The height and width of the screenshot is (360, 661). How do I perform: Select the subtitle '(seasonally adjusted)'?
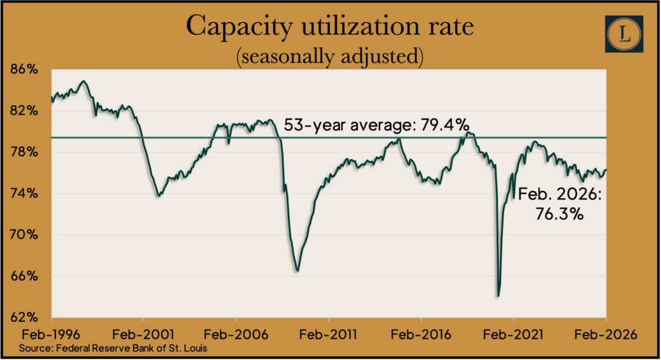point(330,57)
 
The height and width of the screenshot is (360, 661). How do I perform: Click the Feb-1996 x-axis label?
point(50,335)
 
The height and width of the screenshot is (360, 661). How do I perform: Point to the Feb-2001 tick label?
point(143,335)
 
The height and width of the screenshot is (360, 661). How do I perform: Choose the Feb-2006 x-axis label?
point(236,335)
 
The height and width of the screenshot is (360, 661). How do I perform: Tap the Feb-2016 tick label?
point(421,335)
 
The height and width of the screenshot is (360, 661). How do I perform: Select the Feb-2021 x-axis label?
point(513,335)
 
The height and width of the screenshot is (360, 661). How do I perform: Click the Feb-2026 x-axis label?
point(606,335)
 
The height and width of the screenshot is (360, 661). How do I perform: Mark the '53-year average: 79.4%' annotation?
point(376,125)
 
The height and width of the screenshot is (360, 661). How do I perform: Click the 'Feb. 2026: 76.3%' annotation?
point(559,203)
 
